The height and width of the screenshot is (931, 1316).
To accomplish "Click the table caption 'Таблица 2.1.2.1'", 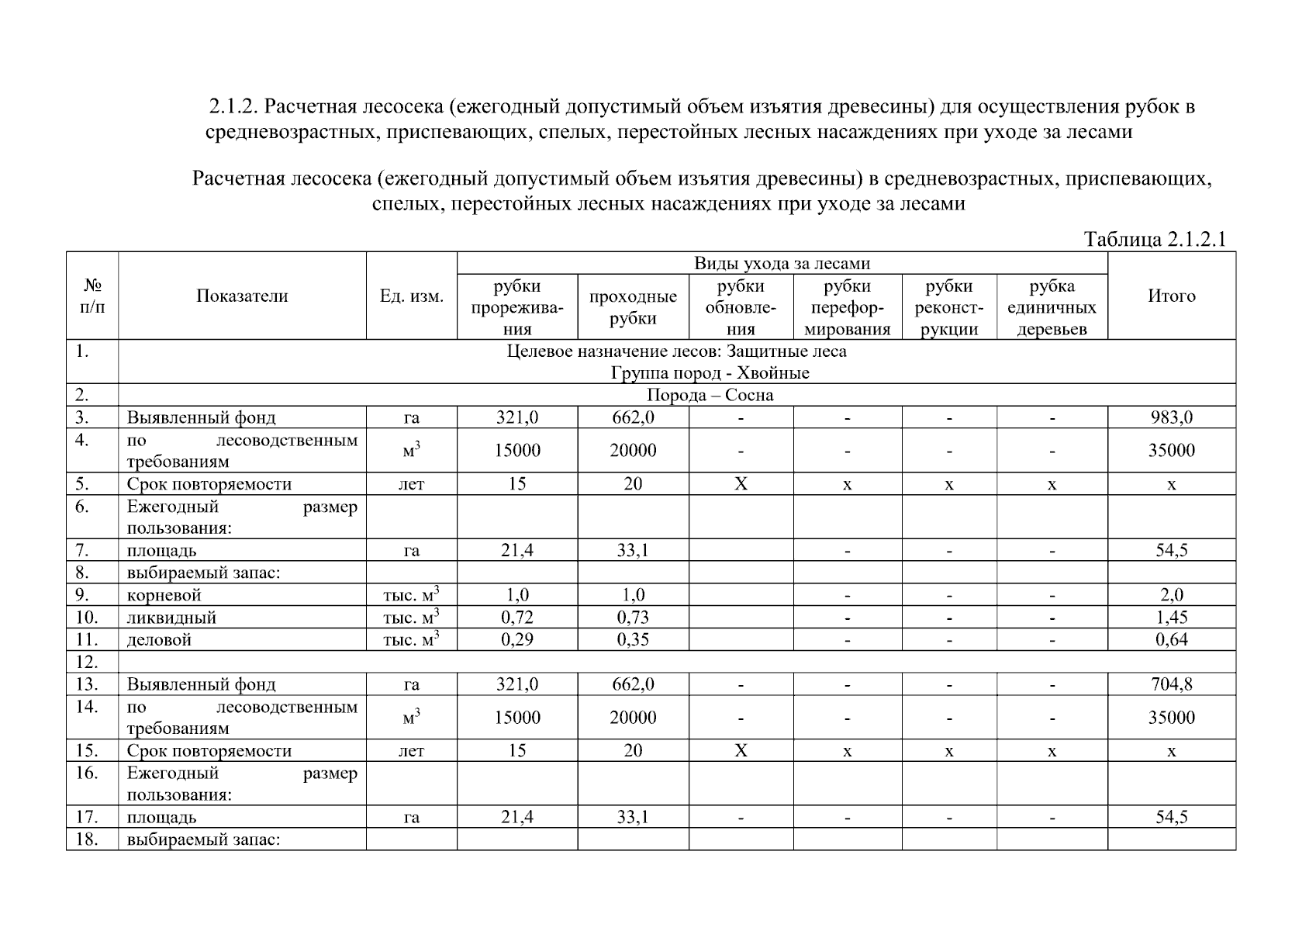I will tap(1155, 239).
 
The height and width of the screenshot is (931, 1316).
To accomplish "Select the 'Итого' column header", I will tap(1171, 296).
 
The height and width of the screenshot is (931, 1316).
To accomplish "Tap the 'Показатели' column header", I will tap(242, 296).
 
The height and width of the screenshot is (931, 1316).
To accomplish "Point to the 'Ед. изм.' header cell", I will tap(412, 296).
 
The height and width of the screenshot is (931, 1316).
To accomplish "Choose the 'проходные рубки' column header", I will tap(633, 307).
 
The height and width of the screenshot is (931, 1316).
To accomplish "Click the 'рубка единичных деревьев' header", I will tap(1052, 307).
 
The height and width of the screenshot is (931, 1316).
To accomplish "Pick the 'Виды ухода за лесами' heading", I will tap(782, 264).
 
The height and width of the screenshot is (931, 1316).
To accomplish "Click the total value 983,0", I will tap(1171, 417).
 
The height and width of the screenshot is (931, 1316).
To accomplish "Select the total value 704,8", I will tap(1171, 684).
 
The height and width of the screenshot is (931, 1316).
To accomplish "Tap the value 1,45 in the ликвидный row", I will tap(1171, 618).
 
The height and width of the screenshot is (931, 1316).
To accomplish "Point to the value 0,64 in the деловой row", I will tap(1171, 640).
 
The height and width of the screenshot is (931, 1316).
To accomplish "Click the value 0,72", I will tap(517, 618).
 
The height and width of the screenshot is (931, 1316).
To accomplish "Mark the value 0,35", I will tap(633, 640).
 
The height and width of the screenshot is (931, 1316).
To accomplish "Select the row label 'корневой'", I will tap(164, 595).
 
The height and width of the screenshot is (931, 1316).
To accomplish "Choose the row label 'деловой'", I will tap(159, 640).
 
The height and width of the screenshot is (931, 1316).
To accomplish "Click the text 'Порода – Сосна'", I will tap(710, 396).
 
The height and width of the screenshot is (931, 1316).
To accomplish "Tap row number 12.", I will tap(87, 662).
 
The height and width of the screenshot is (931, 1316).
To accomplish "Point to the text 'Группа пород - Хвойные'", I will tap(710, 373).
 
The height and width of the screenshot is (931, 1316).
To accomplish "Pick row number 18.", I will tap(87, 839).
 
